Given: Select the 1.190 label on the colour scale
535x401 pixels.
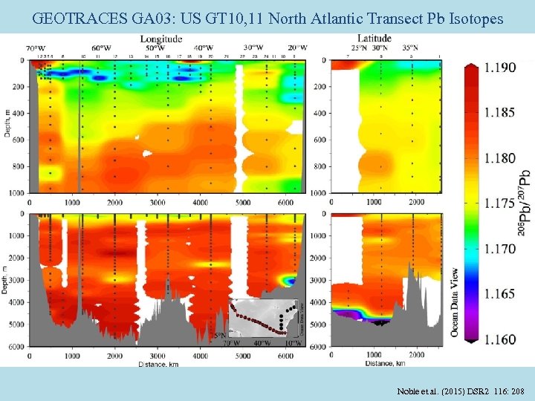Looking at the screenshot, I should pos(499,68).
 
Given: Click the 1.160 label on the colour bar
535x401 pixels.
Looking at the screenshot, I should pos(499,339).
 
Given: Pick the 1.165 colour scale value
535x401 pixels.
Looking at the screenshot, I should pos(499,294).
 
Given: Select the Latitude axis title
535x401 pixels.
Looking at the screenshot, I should pos(374,38).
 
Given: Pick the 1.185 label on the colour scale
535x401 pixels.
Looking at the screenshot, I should pos(499,113).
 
